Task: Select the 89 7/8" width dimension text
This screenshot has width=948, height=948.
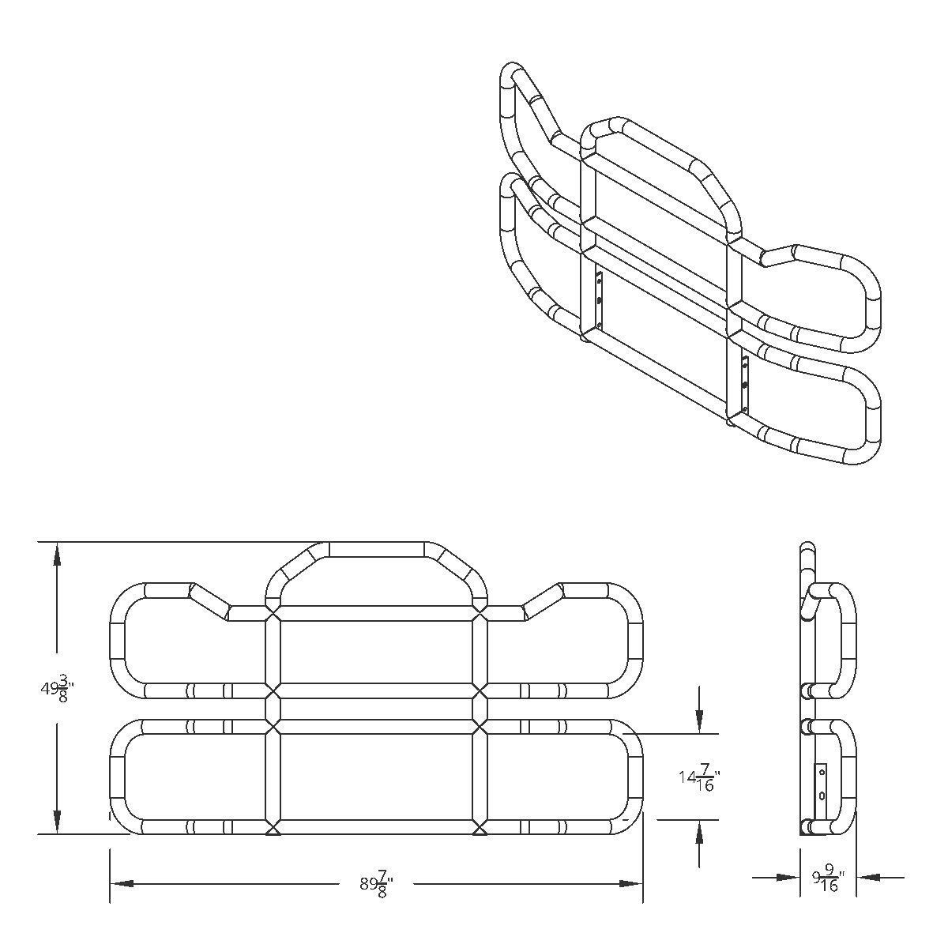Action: coord(376,883)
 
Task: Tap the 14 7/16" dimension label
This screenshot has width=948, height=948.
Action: coord(698,777)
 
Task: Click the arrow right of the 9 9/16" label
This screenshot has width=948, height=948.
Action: coord(869,876)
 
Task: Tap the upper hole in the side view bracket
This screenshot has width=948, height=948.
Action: coord(822,771)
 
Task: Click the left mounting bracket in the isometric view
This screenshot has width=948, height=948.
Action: coord(600,301)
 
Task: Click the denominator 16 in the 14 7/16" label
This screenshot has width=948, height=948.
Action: coord(705,786)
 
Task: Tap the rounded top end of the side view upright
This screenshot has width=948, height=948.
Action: coord(807,547)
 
